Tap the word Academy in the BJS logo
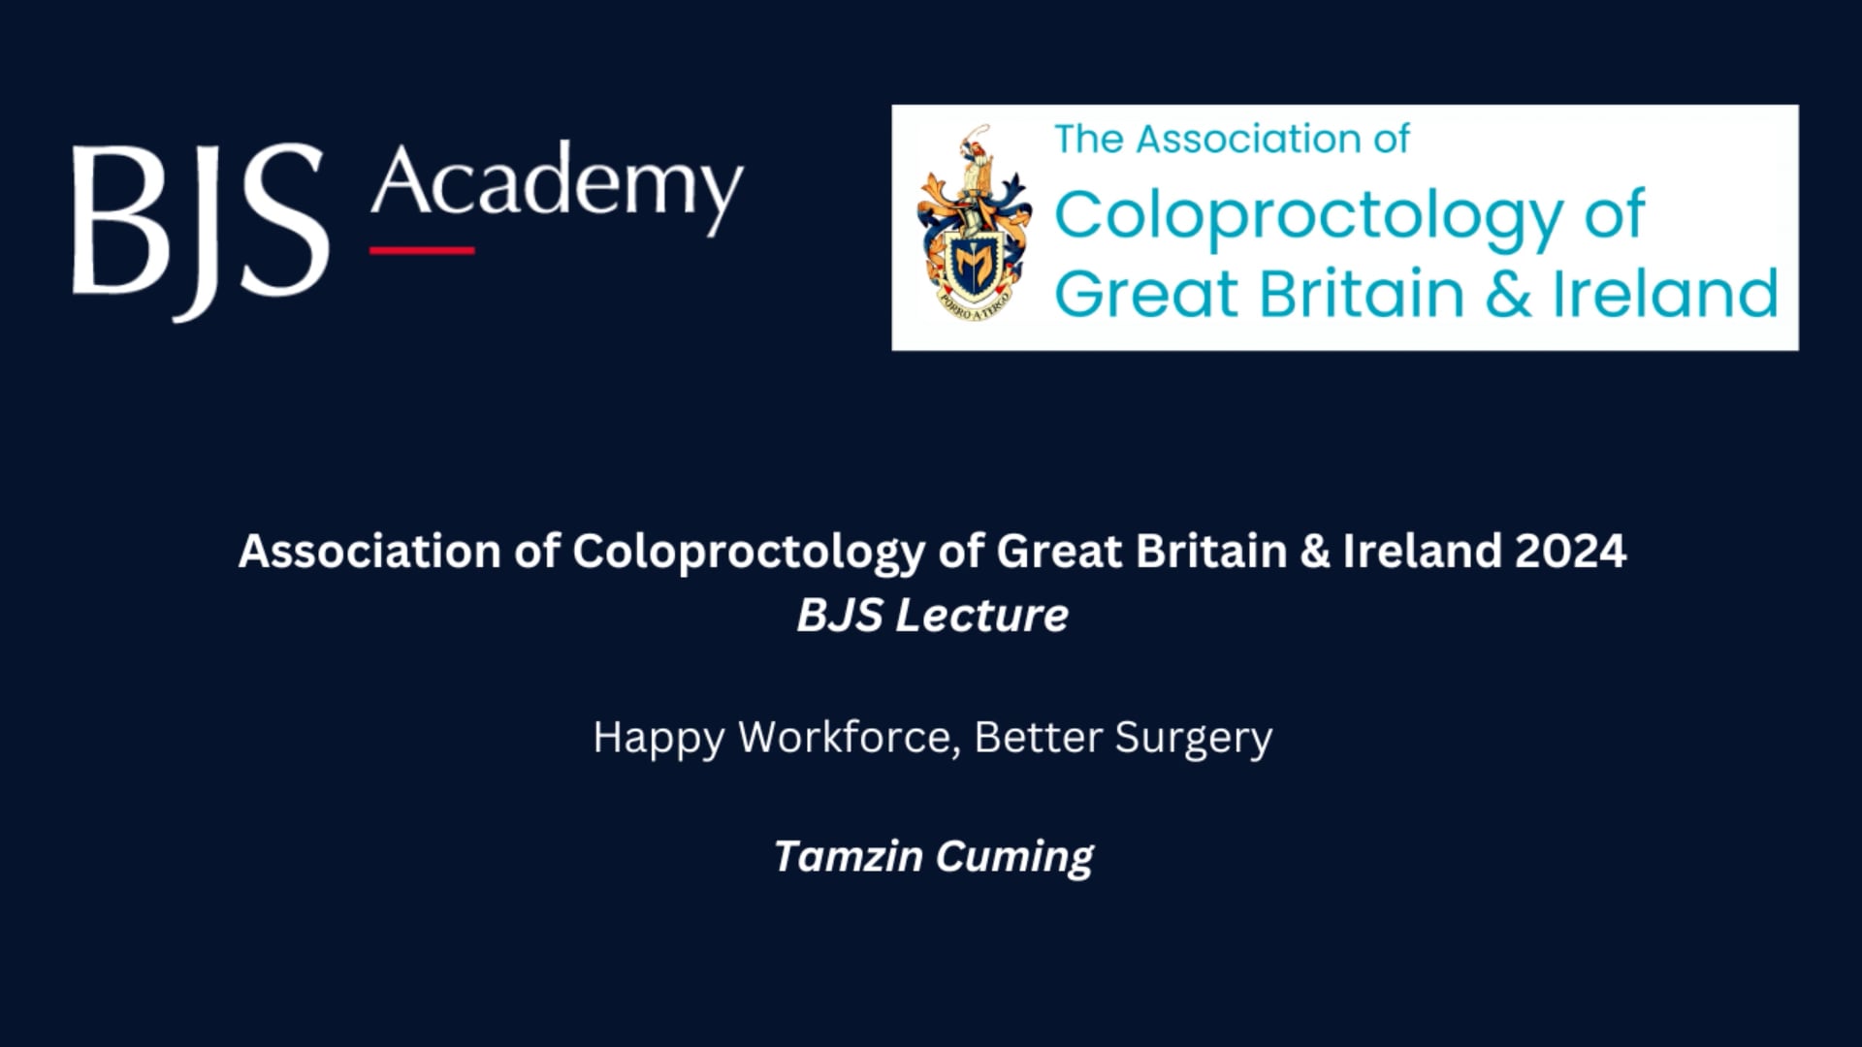point(557,186)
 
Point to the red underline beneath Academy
point(422,250)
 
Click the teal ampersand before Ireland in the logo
point(1508,294)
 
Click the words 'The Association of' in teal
point(1232,140)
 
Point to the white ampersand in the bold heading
point(1314,551)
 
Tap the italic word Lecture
point(981,615)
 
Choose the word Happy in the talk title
point(658,739)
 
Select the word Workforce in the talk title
point(850,738)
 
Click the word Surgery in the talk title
point(1193,739)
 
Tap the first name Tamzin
point(849,856)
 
